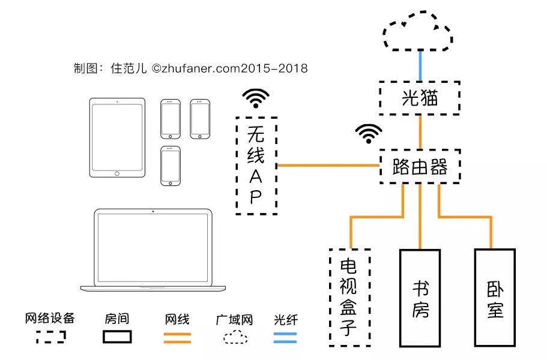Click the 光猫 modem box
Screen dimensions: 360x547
(419, 98)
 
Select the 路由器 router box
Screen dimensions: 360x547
(420, 167)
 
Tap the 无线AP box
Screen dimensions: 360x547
(256, 166)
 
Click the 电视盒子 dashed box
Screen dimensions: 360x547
(349, 298)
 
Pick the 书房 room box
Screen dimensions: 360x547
(420, 298)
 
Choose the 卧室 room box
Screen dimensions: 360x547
(495, 298)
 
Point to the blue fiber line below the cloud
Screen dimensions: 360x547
(420, 66)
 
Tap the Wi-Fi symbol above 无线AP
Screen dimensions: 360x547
(256, 98)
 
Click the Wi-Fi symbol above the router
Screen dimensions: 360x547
(368, 133)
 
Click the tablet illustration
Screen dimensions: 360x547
(117, 137)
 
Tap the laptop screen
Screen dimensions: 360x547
(154, 246)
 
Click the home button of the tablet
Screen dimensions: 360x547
(117, 173)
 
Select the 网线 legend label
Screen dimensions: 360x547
(177, 319)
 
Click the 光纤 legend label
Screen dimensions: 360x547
(285, 319)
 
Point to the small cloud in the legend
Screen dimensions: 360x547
(235, 337)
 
